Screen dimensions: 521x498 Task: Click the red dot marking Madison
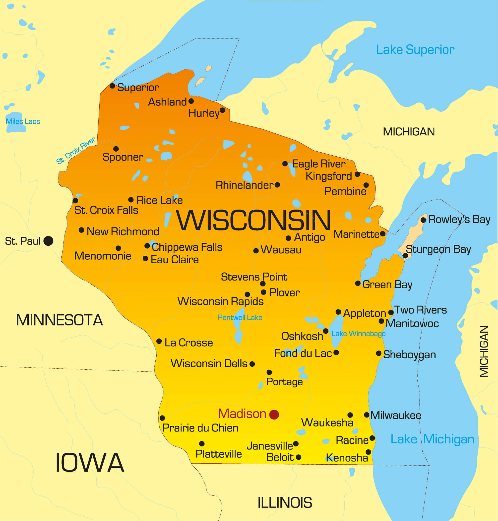click(x=274, y=415)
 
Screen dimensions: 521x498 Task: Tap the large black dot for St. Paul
click(x=48, y=241)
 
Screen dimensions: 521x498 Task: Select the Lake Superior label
click(x=415, y=50)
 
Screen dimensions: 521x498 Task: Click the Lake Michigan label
click(x=432, y=439)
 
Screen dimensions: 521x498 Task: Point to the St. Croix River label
click(x=76, y=151)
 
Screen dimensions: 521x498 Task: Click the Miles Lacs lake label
click(x=23, y=121)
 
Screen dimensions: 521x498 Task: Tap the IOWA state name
click(x=90, y=463)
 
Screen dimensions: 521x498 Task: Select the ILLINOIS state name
click(x=285, y=503)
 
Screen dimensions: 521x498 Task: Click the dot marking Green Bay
click(x=358, y=283)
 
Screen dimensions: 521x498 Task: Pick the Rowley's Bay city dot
click(x=423, y=220)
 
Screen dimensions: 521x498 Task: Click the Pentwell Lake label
click(x=240, y=318)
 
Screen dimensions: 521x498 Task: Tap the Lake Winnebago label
click(x=358, y=334)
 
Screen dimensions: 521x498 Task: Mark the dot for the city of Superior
click(x=112, y=86)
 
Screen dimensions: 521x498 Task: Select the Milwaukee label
click(x=395, y=416)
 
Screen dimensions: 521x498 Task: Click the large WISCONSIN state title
click(x=253, y=220)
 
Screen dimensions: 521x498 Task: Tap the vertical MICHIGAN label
click(x=484, y=351)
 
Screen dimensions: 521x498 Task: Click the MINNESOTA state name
click(x=60, y=320)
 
